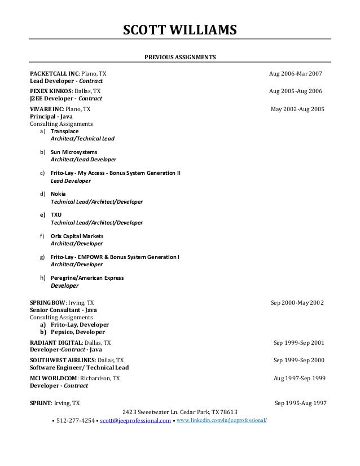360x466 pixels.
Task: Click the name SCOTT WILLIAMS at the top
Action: pyautogui.click(x=180, y=29)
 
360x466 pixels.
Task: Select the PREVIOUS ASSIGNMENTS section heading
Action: pyautogui.click(x=180, y=58)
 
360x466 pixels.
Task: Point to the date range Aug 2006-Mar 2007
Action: pyautogui.click(x=296, y=74)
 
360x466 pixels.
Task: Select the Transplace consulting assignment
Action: pyautogui.click(x=65, y=131)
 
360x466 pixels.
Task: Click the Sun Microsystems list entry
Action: pyautogui.click(x=74, y=152)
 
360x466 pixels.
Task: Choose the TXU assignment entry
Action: pyautogui.click(x=56, y=215)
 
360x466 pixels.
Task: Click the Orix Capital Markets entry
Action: pyautogui.click(x=77, y=236)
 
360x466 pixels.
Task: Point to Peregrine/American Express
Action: pyautogui.click(x=87, y=278)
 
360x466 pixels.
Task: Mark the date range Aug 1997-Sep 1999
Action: pyautogui.click(x=298, y=377)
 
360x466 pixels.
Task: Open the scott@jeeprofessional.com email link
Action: pyautogui.click(x=134, y=420)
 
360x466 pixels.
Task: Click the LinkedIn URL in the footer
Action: pyautogui.click(x=222, y=420)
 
